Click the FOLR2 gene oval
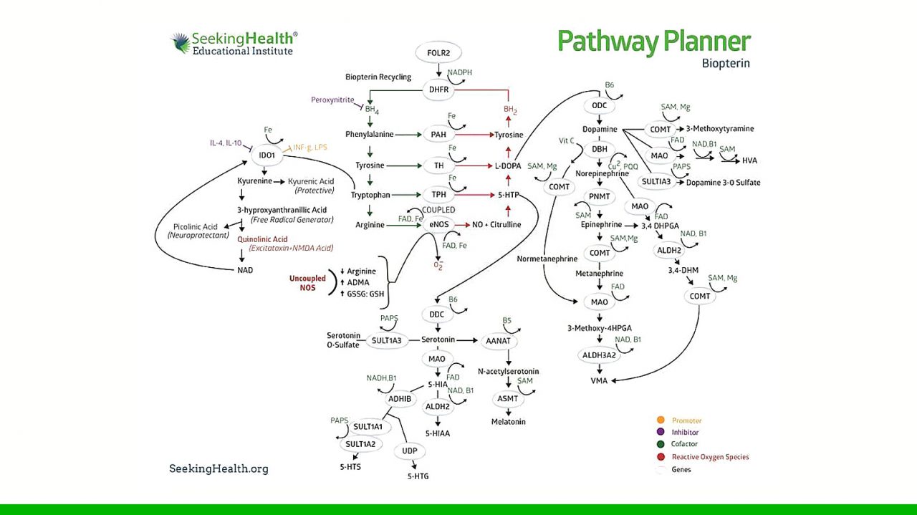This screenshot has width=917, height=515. click(438, 53)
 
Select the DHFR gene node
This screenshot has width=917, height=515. click(438, 90)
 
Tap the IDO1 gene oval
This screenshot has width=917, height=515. click(267, 155)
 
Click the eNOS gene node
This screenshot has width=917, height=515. click(438, 225)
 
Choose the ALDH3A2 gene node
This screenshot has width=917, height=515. click(599, 355)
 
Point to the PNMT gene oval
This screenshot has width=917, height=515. click(599, 196)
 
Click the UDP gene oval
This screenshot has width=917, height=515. click(409, 451)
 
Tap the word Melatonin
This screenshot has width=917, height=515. click(508, 422)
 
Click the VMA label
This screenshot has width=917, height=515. click(599, 381)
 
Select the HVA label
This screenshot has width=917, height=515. click(749, 160)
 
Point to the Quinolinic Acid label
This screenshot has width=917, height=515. click(262, 239)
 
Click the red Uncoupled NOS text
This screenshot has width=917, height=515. click(307, 283)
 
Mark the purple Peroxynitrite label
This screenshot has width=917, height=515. click(332, 100)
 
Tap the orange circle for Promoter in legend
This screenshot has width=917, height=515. click(661, 420)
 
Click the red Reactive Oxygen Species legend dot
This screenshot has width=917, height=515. click(661, 456)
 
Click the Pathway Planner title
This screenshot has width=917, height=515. click(653, 42)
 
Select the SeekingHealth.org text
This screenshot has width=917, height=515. click(219, 468)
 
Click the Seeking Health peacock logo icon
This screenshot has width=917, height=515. click(180, 42)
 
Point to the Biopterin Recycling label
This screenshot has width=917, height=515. click(378, 77)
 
